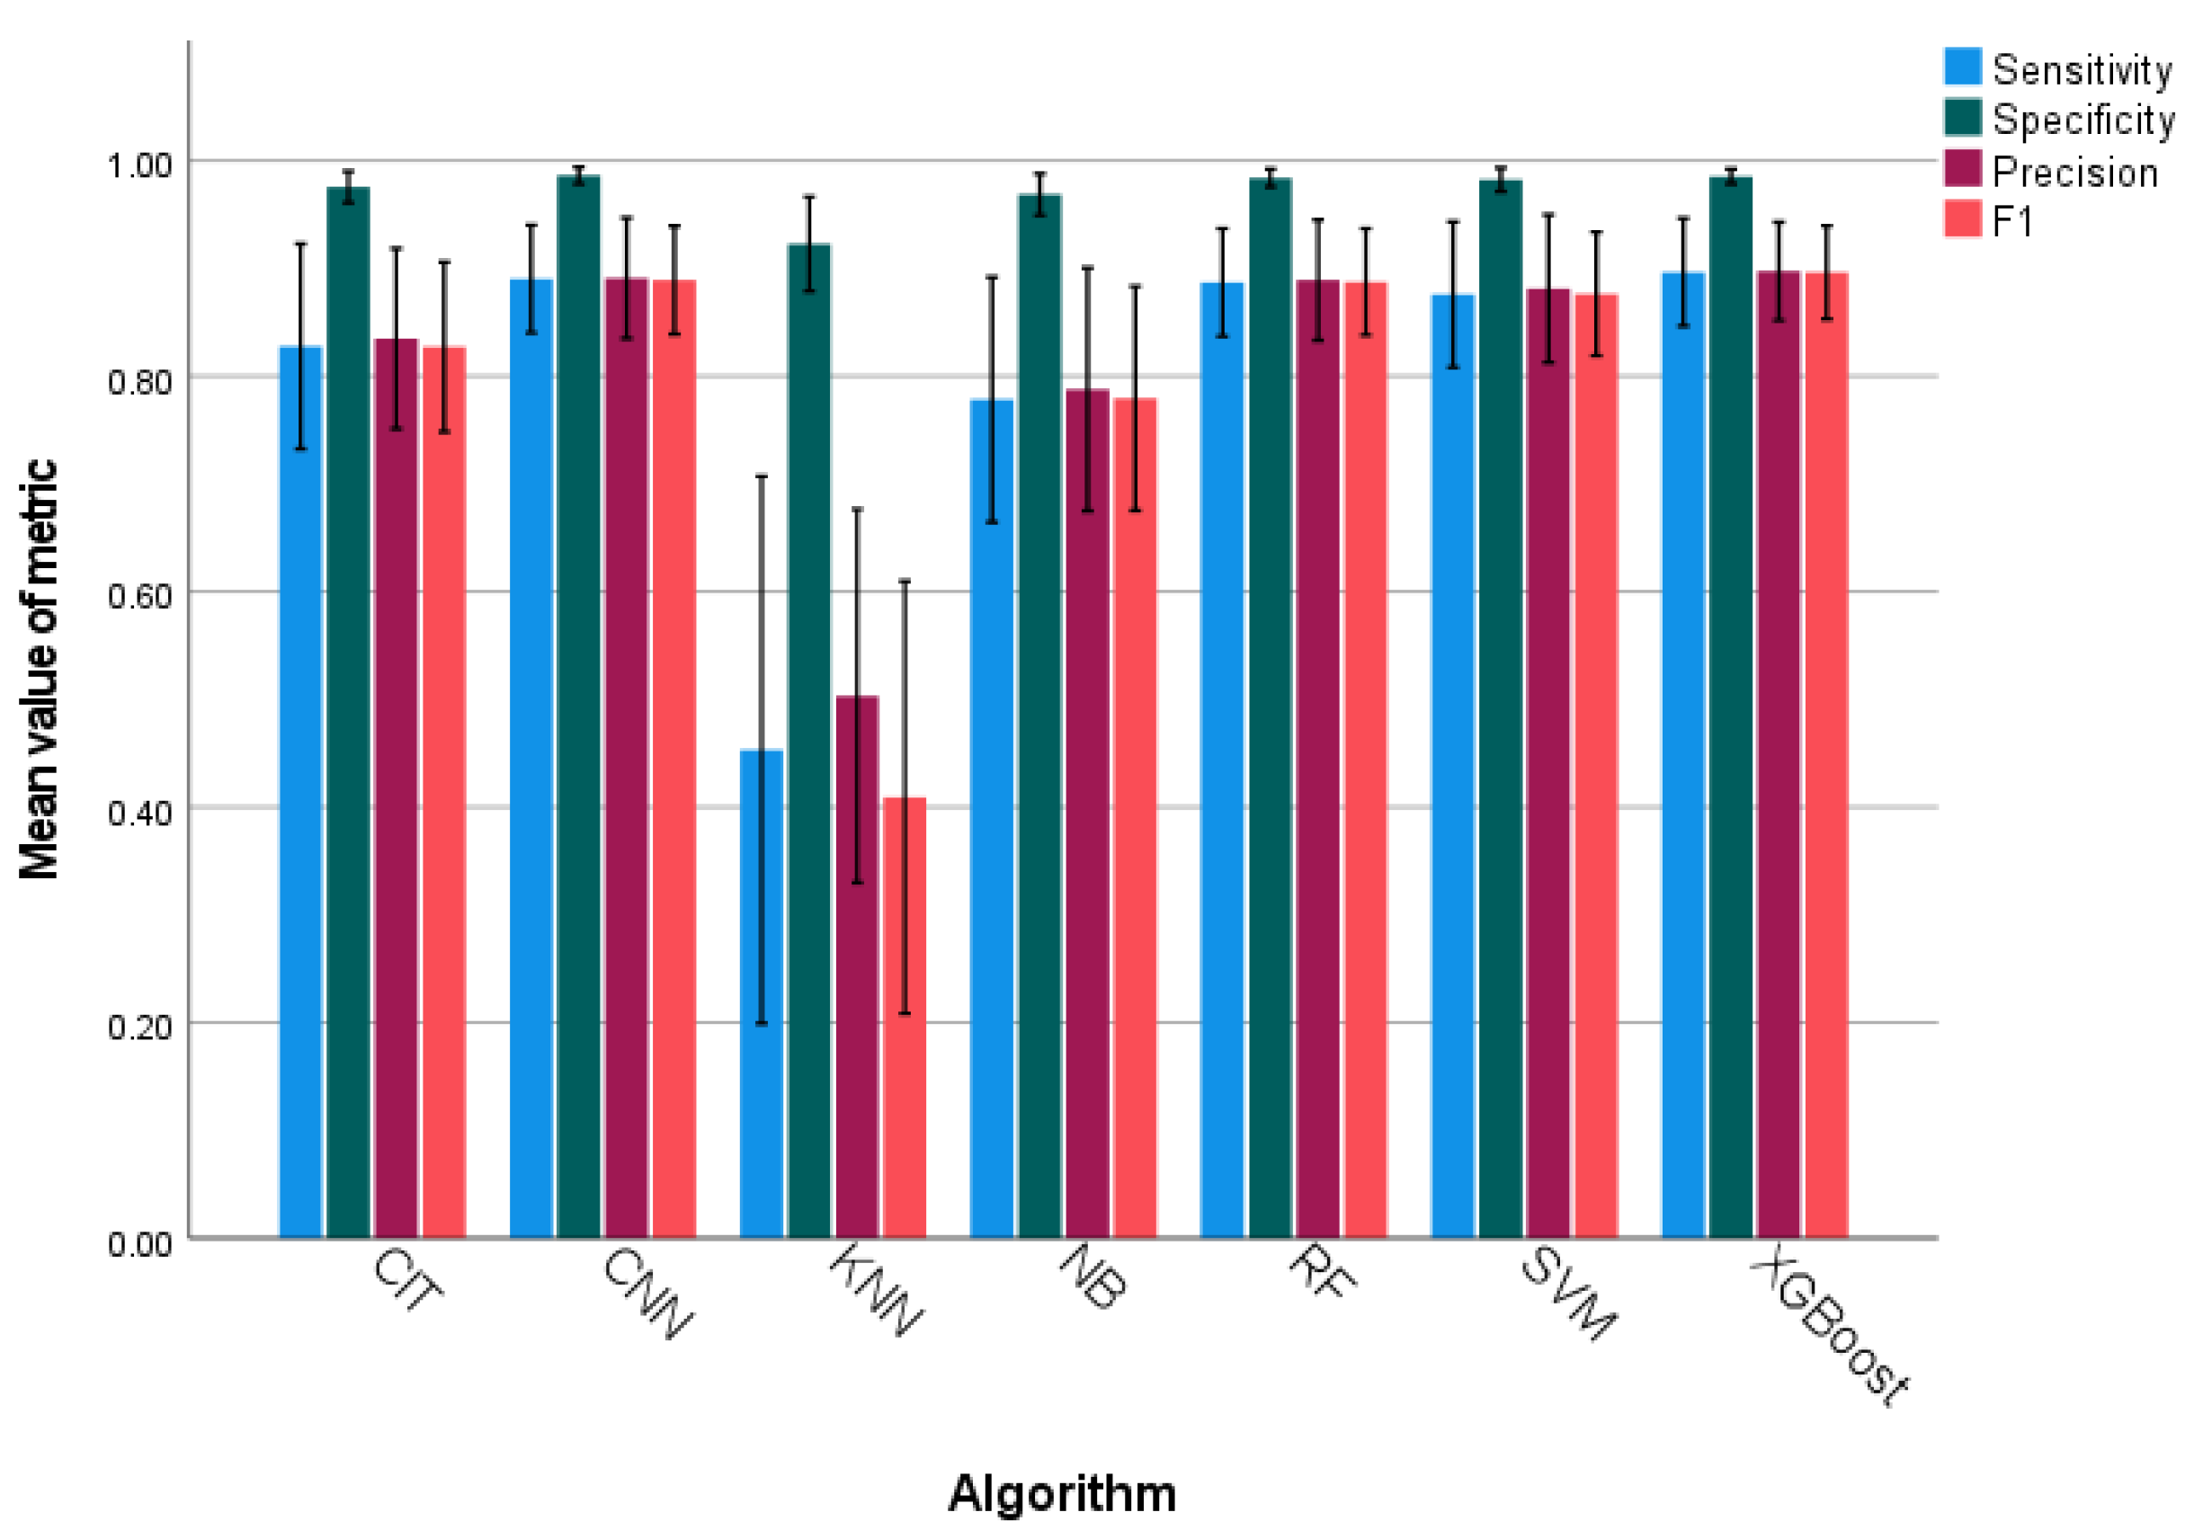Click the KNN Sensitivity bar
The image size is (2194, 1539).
[762, 993]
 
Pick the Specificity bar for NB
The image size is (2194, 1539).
[1039, 716]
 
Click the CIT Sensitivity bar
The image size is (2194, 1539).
[300, 792]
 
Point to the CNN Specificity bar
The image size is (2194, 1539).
[578, 707]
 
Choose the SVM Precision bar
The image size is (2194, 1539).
[1547, 763]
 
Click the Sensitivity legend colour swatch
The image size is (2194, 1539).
[1963, 67]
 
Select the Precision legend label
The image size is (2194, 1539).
[2074, 172]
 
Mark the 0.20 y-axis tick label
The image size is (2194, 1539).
[139, 1027]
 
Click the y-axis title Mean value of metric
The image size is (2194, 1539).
[40, 669]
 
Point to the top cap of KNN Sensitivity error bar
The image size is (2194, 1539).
[762, 476]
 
